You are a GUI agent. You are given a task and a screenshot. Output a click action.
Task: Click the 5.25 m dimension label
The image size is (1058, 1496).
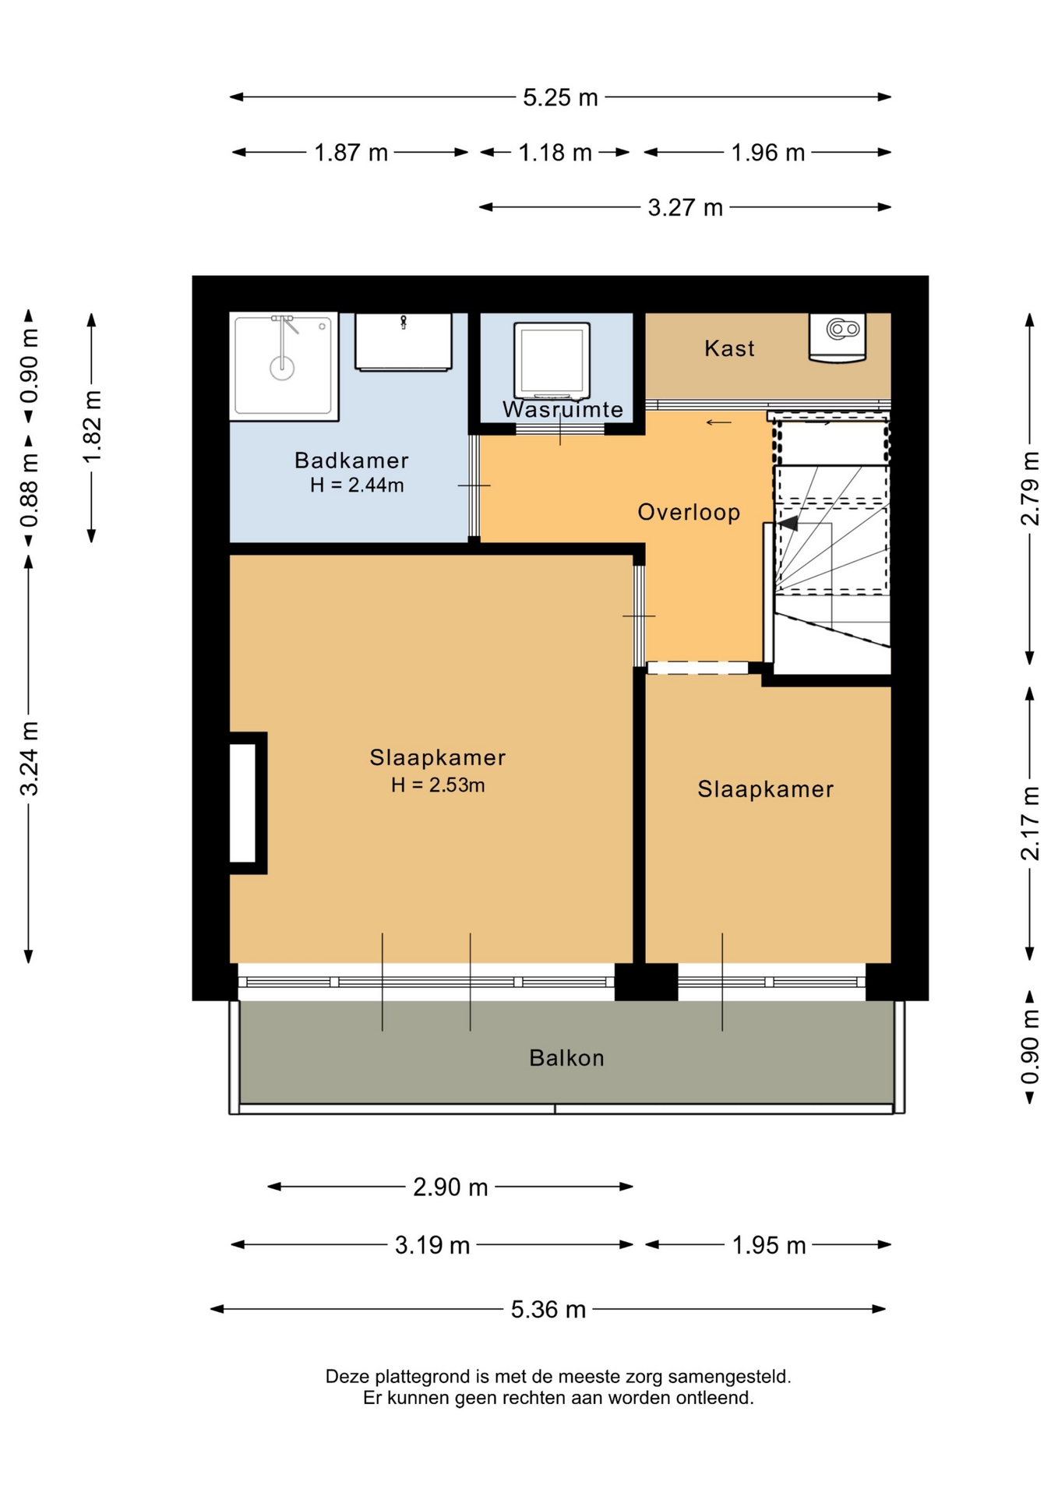[560, 97]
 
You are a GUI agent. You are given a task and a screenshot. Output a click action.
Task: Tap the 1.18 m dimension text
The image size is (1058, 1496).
[555, 153]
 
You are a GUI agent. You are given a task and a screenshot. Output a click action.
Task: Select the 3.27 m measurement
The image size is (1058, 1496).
[685, 208]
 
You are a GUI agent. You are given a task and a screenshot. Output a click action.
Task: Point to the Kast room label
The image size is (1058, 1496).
[729, 348]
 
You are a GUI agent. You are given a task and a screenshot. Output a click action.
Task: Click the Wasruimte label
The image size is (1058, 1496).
[563, 409]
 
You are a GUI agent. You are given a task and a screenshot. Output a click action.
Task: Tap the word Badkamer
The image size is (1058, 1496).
[351, 460]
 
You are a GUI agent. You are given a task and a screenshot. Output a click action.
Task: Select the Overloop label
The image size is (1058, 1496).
[689, 512]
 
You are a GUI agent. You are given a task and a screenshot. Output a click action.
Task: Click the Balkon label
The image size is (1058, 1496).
[566, 1057]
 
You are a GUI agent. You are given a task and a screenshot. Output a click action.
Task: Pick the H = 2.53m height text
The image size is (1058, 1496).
[438, 785]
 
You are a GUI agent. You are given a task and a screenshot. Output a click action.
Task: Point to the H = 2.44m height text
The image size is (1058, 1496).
[357, 485]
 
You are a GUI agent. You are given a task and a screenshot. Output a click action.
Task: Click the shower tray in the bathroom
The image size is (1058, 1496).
[284, 366]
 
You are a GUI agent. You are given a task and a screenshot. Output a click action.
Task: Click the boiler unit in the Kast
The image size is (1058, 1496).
[838, 338]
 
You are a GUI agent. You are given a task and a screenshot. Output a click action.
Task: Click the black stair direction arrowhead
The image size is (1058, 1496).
[788, 523]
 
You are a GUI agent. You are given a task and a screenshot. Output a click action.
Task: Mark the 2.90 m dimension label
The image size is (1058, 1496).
[450, 1187]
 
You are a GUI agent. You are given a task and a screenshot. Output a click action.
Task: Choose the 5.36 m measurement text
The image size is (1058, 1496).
[548, 1309]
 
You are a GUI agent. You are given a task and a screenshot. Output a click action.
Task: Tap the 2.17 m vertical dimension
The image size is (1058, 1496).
[1030, 823]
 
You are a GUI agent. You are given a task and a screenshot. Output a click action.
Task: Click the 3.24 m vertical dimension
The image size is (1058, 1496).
[29, 759]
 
